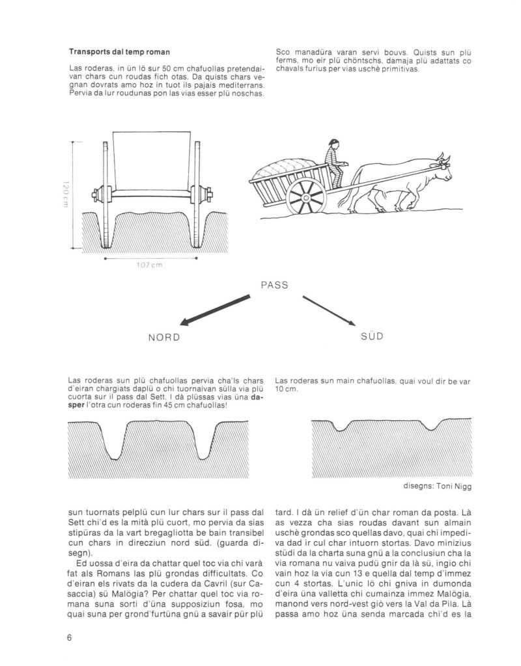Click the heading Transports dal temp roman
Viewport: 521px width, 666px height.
pyautogui.click(x=110, y=51)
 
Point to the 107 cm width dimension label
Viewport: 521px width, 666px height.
pyautogui.click(x=150, y=265)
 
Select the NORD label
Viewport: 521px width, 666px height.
pyautogui.click(x=164, y=339)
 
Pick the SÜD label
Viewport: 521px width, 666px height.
pyautogui.click(x=371, y=337)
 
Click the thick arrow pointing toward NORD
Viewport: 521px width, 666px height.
pyautogui.click(x=215, y=309)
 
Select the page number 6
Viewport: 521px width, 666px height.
pyautogui.click(x=69, y=637)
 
